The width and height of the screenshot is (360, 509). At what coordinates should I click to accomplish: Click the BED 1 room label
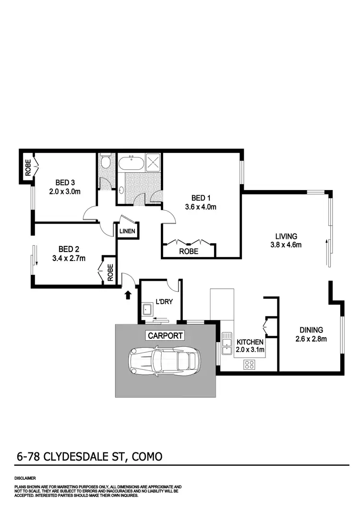point(201,198)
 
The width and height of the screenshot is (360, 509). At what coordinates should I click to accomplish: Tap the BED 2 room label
point(68,249)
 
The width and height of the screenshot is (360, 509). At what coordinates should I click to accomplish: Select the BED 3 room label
point(65,182)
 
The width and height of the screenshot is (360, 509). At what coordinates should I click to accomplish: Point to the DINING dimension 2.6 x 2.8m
point(311,339)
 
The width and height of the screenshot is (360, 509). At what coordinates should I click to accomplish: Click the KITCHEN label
point(250,342)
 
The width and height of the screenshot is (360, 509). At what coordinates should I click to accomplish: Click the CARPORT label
point(165,336)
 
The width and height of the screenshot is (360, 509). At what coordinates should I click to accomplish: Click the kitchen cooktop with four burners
point(250,364)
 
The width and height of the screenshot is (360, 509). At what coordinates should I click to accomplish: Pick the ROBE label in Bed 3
point(28,168)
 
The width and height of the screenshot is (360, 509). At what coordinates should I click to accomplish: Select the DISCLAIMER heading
point(25,478)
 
